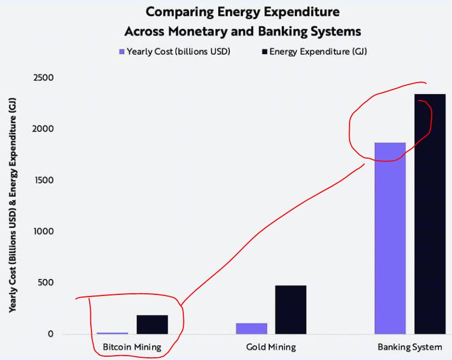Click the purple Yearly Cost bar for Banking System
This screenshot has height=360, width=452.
390,238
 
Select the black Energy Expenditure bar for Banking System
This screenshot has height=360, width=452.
430,214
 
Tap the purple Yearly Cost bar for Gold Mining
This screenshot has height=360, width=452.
251,329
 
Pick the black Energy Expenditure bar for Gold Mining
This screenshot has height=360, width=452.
291,310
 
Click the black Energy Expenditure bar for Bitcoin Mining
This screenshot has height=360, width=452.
152,324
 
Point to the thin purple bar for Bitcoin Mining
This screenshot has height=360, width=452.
112,333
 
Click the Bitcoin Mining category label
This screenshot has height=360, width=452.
132,347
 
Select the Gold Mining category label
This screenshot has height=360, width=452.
271,347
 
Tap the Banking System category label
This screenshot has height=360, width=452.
410,347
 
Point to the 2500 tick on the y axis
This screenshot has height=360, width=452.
43,78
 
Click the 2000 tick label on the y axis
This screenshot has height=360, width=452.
43,129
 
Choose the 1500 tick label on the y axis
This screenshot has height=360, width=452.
44,180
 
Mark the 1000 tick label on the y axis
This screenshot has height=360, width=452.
44,231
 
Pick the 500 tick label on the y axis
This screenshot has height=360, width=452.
45,282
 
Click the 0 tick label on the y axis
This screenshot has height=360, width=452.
51,334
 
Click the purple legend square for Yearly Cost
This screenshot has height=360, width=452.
122,51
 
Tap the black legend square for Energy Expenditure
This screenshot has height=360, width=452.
265,51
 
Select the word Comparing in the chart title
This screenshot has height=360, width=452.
180,13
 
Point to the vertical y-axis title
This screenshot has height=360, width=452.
13,205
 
